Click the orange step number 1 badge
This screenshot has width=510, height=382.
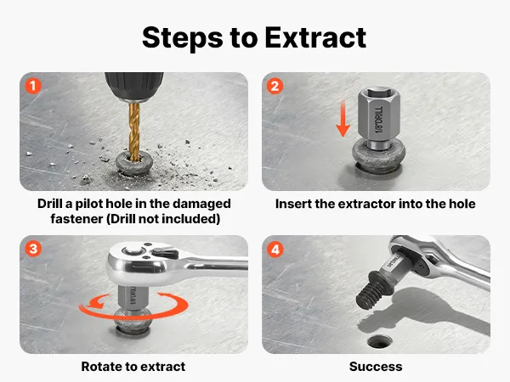33,86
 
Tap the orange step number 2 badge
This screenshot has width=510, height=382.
275,86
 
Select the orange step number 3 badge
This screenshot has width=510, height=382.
33,249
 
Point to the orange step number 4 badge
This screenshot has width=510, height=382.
275,249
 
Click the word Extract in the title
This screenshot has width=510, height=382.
315,37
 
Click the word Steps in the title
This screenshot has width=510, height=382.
183,39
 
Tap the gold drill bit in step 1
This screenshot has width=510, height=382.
134,132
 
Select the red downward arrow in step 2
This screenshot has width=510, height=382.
343,118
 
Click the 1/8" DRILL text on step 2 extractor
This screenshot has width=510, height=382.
379,120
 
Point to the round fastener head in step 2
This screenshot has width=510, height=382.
378,156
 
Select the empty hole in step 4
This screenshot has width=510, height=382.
380,341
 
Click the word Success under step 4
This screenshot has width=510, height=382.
376,367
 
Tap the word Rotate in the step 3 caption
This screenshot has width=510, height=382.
101,367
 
